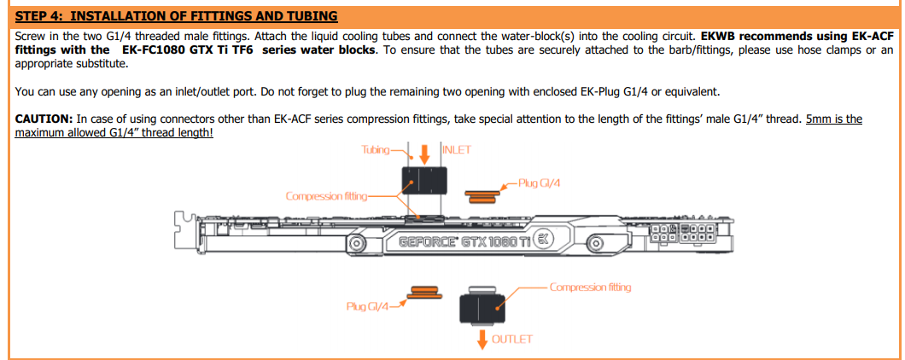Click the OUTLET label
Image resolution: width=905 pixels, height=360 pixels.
[x=512, y=339]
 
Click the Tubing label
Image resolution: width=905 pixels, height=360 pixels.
[x=374, y=150]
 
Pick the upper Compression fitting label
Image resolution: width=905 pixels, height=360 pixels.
[x=325, y=196]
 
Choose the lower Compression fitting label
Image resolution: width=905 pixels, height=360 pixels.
[x=590, y=287]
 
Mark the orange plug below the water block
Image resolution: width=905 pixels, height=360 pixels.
[x=424, y=295]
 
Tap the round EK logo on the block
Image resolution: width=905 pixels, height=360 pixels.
[x=545, y=240]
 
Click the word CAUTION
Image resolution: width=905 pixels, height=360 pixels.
[x=44, y=119]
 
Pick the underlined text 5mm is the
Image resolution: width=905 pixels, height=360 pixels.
[x=833, y=119]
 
